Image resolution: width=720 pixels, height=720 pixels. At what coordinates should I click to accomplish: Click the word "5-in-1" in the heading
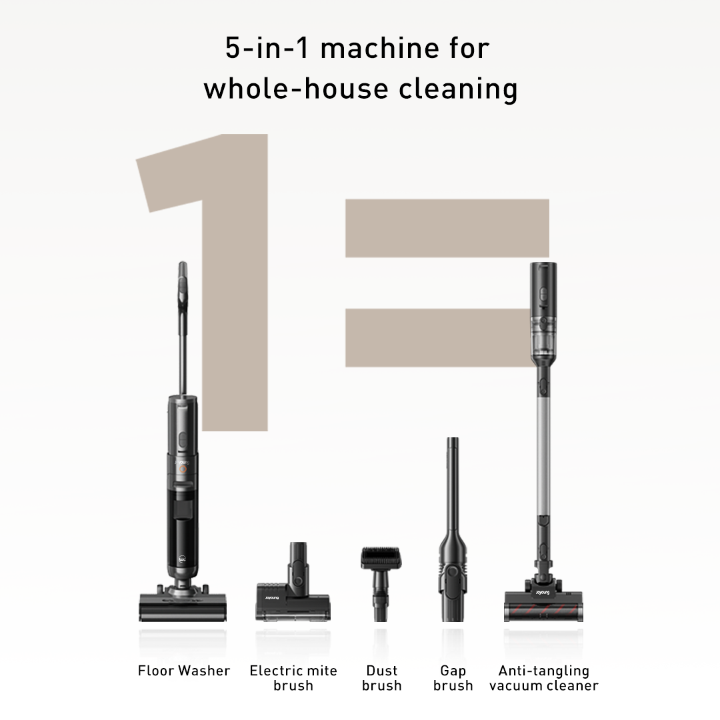pos(267,48)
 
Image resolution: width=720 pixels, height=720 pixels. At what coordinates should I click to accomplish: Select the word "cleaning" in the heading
pos(458,89)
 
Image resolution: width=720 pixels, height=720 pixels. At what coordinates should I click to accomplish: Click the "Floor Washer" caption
pos(184,671)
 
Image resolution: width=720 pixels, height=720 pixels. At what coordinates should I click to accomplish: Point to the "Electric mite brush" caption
pos(293,678)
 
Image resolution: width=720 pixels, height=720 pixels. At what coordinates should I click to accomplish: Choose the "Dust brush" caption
pos(381,678)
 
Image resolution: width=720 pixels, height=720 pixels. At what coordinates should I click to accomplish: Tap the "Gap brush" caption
pos(453,678)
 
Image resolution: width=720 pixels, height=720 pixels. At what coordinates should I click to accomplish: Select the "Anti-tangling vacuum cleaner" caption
pos(544,678)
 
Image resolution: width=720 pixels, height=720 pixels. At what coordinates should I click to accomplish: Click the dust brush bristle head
pos(381,557)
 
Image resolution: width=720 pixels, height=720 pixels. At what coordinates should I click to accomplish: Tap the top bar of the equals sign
pos(447,228)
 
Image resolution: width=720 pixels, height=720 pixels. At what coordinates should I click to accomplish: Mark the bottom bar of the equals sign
pos(439,337)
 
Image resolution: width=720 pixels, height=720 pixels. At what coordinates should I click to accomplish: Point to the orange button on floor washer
pos(182,469)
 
